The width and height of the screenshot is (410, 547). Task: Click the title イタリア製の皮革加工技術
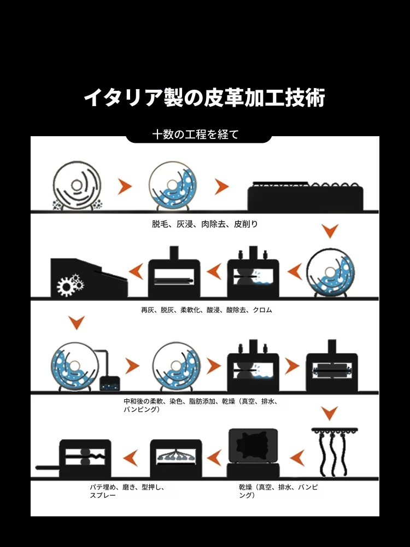(x=204, y=98)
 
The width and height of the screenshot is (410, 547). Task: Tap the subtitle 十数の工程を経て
(x=196, y=135)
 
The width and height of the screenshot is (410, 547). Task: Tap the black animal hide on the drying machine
(x=253, y=446)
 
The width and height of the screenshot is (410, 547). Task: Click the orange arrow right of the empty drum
(x=125, y=187)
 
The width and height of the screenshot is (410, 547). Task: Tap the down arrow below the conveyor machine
(x=330, y=230)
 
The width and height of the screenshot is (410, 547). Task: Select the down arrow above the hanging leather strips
(x=329, y=412)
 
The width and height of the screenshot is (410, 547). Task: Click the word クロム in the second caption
(x=262, y=310)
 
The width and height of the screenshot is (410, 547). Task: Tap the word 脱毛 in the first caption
(x=161, y=224)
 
